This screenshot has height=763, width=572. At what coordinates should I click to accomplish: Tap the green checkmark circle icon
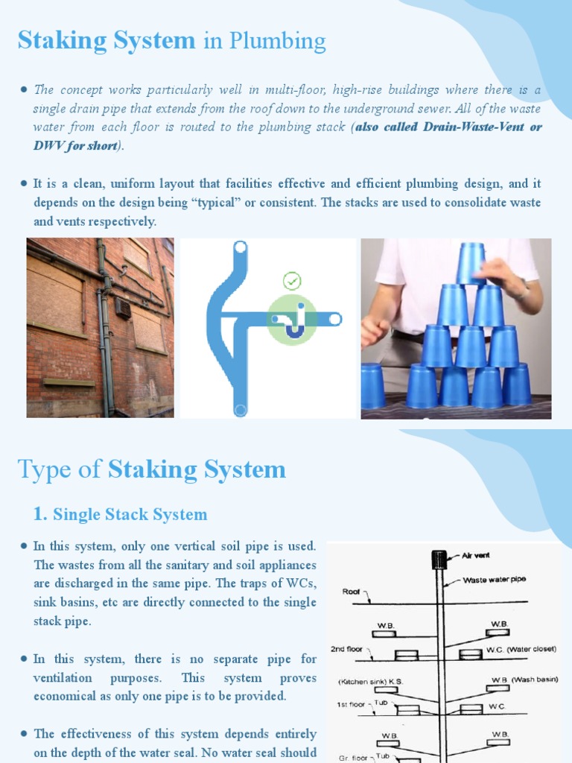292,281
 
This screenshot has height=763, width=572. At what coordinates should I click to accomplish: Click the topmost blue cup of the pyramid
471,262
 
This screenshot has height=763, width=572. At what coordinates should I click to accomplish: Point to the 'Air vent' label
476,555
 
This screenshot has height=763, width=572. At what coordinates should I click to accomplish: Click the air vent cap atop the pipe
439,560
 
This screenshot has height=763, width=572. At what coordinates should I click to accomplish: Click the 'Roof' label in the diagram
352,592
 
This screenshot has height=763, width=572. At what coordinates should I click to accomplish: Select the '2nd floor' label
348,649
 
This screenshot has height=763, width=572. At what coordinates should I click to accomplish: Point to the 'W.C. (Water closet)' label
521,649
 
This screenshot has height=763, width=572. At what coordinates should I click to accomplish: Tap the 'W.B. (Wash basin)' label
524,680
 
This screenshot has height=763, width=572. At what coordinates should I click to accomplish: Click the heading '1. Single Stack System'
120,514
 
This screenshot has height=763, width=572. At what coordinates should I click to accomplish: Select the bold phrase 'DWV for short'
75,145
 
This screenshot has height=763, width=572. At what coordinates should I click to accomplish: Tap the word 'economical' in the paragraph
69,696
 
